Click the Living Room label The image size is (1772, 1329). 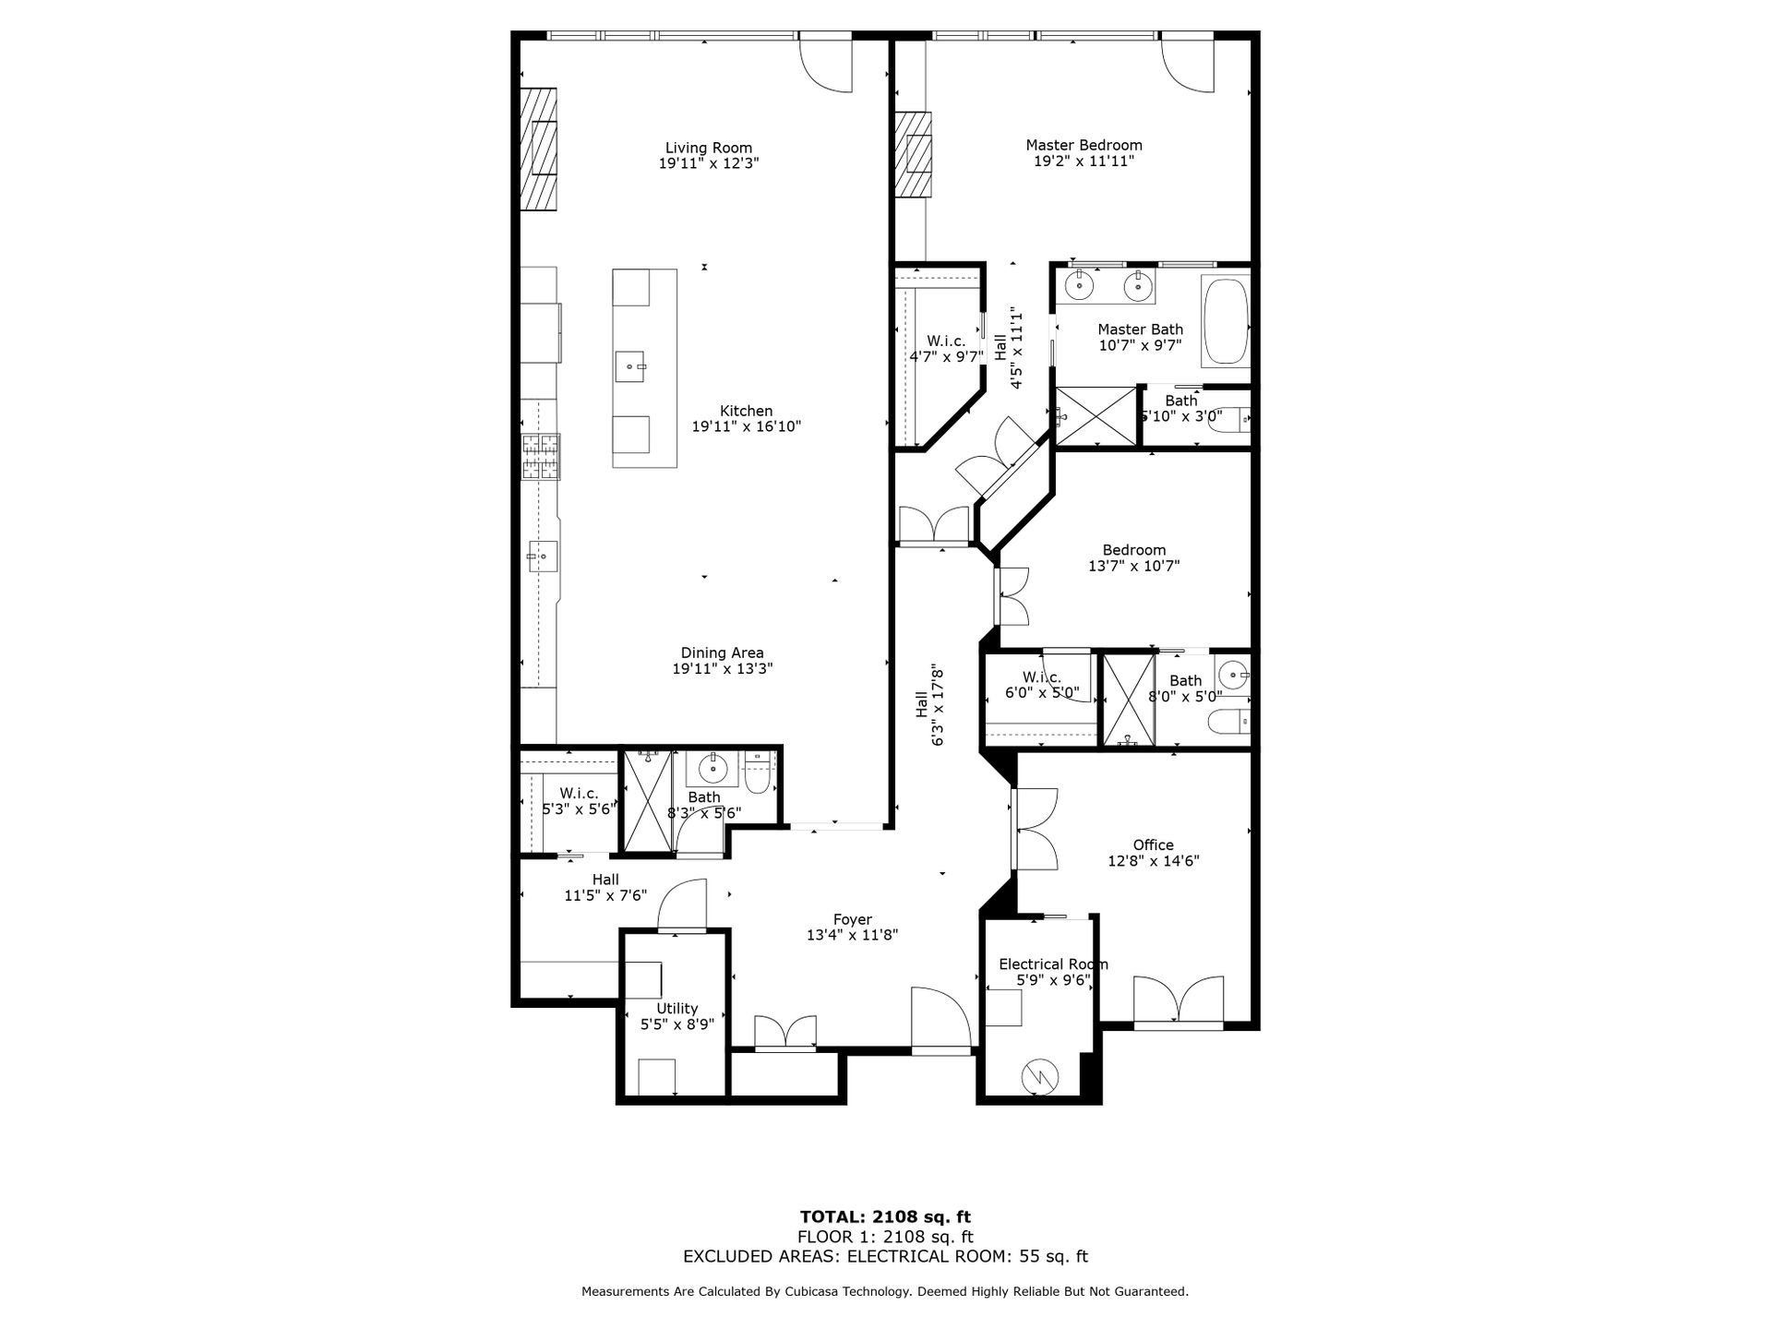point(709,148)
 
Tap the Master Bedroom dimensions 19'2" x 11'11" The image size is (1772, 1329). point(1084,162)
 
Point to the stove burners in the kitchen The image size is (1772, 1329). point(541,457)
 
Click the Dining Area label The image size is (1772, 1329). point(722,653)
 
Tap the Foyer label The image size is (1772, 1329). point(852,919)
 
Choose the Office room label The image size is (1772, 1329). point(1154,844)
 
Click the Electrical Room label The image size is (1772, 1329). point(1053,964)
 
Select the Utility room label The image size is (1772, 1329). point(676,1008)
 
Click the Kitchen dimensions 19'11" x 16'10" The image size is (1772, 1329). point(746,427)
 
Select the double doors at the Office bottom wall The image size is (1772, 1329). point(1179,1000)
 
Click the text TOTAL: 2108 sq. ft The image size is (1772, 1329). point(885,1217)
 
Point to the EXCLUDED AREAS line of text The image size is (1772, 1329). point(885,1256)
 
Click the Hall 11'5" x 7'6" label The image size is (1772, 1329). point(605,887)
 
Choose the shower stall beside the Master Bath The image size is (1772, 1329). point(1096,417)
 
